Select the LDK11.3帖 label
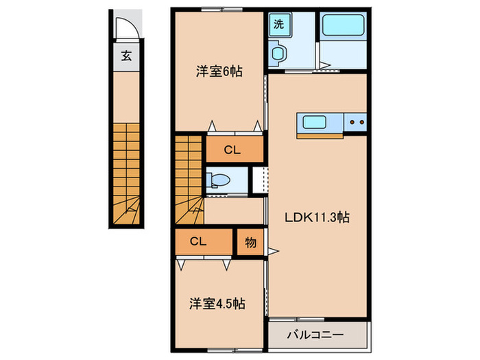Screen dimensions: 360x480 coord(317,218)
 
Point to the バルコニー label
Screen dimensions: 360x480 coord(317,337)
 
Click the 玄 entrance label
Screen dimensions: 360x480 coord(126,56)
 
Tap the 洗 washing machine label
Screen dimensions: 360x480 coord(278,24)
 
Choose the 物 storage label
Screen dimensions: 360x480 coord(250,241)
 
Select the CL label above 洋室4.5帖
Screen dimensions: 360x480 coord(199,241)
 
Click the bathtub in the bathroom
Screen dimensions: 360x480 coord(345,26)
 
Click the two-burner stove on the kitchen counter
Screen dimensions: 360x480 coord(357,123)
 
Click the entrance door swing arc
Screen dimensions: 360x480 coord(125,29)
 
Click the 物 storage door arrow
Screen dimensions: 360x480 coord(273,251)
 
